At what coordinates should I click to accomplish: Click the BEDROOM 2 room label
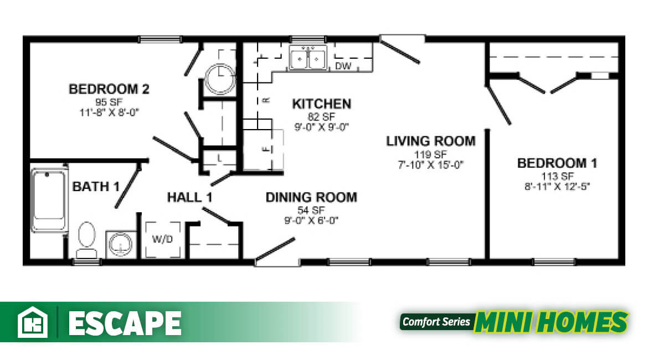point(109,89)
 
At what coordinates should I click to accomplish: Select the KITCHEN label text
point(321,104)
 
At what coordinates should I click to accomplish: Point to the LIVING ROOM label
point(430,141)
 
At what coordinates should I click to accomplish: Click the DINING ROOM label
point(311,197)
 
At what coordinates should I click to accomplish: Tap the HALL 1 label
point(190,197)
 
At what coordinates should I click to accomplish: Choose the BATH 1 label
point(96,187)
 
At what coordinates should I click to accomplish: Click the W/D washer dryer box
point(162,240)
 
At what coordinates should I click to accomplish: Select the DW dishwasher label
point(343,66)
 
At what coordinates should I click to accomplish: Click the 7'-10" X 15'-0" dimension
point(430,164)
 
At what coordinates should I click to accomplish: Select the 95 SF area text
point(109,101)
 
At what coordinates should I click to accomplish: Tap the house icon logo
point(33,322)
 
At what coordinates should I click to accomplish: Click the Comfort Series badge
point(436,322)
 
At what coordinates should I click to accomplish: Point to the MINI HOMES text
point(551,322)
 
